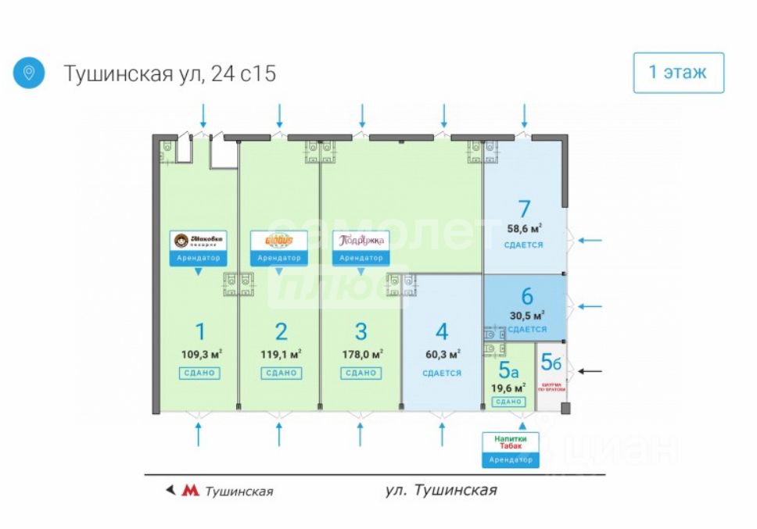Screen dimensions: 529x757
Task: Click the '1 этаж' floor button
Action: coord(678,73)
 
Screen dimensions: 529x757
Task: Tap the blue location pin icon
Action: coord(29,73)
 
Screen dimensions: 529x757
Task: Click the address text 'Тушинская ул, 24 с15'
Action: coord(170,73)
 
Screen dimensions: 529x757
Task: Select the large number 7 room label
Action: coord(524,209)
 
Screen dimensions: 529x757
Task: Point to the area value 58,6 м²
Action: coord(525,229)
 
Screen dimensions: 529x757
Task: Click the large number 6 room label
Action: coord(526,297)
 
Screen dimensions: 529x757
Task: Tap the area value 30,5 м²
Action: coord(526,315)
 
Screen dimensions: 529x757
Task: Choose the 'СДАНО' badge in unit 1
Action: coord(199,373)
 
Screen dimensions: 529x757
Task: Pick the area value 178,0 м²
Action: coord(361,354)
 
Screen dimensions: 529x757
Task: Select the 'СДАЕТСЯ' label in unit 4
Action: coord(442,373)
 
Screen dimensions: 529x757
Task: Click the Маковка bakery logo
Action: coord(199,241)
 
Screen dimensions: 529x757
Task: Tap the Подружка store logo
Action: coord(361,241)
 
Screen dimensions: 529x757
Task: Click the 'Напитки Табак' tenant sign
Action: coord(510,442)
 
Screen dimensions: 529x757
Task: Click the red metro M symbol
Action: coord(189,491)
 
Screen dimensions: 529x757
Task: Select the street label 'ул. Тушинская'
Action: coord(442,490)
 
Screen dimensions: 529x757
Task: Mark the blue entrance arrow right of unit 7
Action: coord(590,240)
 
